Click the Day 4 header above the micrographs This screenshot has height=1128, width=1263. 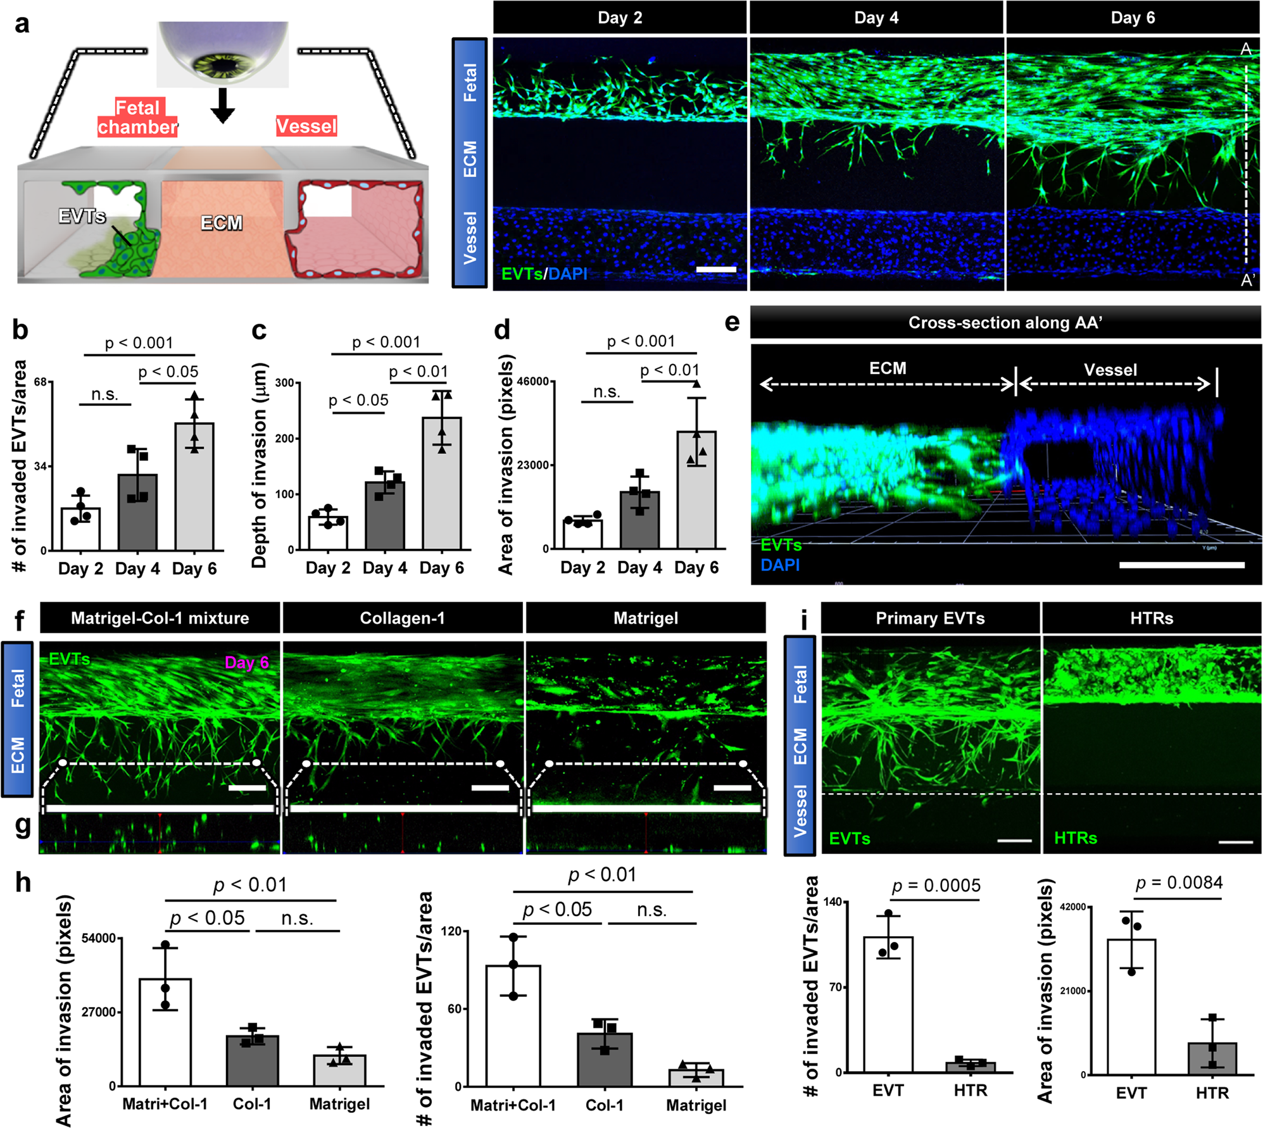click(x=876, y=18)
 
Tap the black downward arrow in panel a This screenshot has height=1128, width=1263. click(x=222, y=106)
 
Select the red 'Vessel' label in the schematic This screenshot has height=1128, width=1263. click(x=306, y=126)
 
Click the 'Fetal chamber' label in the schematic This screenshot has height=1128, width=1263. click(x=137, y=117)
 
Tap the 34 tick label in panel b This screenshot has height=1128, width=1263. click(x=40, y=467)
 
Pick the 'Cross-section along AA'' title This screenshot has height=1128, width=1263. click(x=1005, y=323)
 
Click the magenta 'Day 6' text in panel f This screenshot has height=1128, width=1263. click(x=247, y=662)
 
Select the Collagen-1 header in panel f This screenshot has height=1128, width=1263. click(x=403, y=618)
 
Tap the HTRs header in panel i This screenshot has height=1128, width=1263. click(x=1151, y=618)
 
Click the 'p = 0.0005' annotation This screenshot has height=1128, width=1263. click(x=936, y=886)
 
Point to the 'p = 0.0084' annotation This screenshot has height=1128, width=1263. click(x=1179, y=882)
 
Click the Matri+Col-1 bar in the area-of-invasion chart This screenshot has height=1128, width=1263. click(x=165, y=1032)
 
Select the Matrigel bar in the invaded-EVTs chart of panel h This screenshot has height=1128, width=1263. click(x=696, y=1077)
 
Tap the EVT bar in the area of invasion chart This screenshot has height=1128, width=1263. click(x=1131, y=1006)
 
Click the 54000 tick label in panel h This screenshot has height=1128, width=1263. click(x=99, y=938)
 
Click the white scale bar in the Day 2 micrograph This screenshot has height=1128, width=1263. click(x=716, y=270)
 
